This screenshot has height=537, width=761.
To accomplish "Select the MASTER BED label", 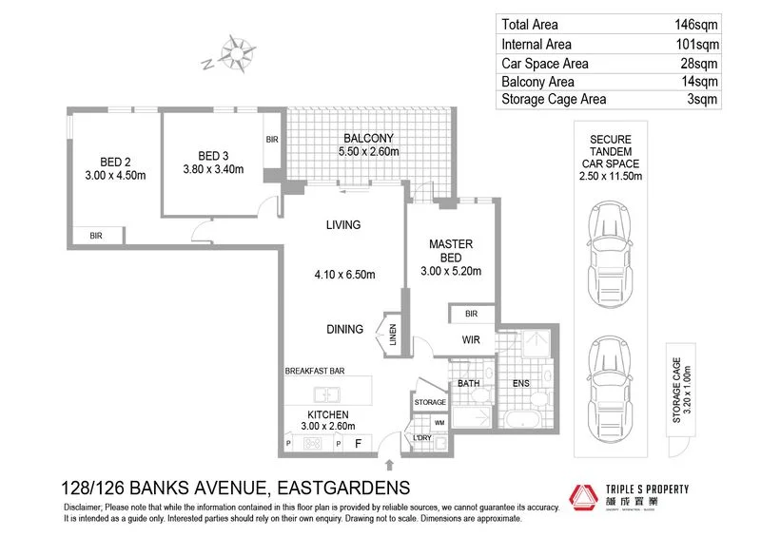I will click(x=451, y=251).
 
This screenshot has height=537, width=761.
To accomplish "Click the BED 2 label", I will click(x=119, y=160).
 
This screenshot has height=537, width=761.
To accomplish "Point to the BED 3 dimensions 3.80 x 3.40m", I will click(x=207, y=171).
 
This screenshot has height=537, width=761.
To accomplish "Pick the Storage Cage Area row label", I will click(x=554, y=99).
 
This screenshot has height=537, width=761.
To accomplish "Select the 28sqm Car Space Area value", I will click(x=700, y=63).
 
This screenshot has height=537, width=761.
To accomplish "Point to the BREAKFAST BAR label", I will click(x=314, y=371).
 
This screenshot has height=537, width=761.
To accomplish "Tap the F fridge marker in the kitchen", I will click(x=359, y=442).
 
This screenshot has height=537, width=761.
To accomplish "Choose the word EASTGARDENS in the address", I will click(x=342, y=488).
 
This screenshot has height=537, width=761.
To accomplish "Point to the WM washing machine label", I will click(x=439, y=423).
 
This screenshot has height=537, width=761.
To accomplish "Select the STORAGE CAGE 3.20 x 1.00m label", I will click(x=677, y=390).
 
